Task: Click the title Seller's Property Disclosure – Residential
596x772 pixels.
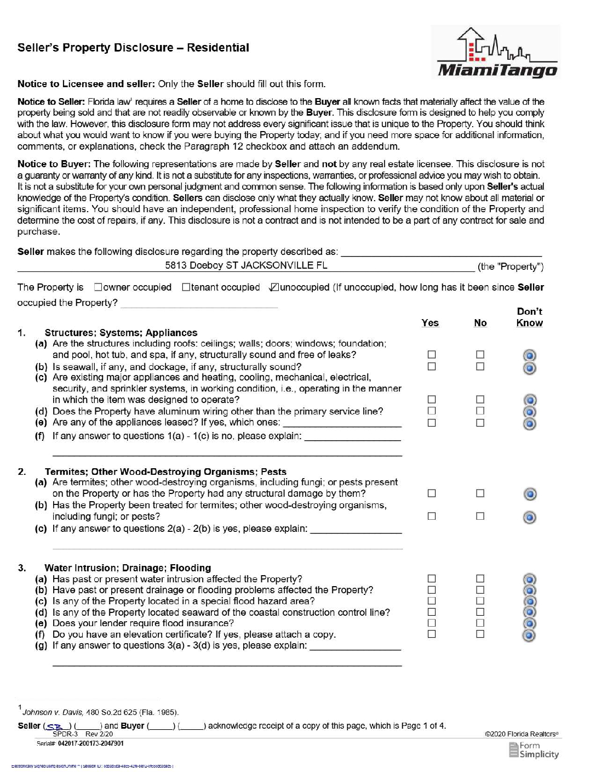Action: tap(133, 48)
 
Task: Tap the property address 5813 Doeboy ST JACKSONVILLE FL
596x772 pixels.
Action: tap(246, 265)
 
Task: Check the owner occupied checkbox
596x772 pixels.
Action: tap(98, 287)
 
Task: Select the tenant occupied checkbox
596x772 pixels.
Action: tap(186, 287)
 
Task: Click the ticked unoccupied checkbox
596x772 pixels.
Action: tap(274, 287)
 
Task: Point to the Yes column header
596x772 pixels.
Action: tap(430, 323)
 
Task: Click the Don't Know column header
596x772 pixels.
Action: tap(529, 317)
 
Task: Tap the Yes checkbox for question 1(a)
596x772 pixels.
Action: tap(432, 355)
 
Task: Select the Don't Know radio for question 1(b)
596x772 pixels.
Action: tap(529, 368)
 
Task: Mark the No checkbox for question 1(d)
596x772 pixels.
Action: tap(480, 411)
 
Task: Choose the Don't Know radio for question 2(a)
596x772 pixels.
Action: tap(529, 494)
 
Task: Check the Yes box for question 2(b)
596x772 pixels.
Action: tap(432, 516)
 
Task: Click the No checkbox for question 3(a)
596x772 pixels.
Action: tap(480, 578)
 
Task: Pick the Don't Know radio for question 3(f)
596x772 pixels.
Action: tap(529, 635)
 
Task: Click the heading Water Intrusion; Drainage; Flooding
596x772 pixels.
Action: tap(128, 568)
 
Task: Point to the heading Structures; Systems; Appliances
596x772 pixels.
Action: tap(121, 333)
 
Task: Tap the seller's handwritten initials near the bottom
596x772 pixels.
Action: tap(55, 726)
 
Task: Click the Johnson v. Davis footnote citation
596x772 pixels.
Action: tap(100, 712)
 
